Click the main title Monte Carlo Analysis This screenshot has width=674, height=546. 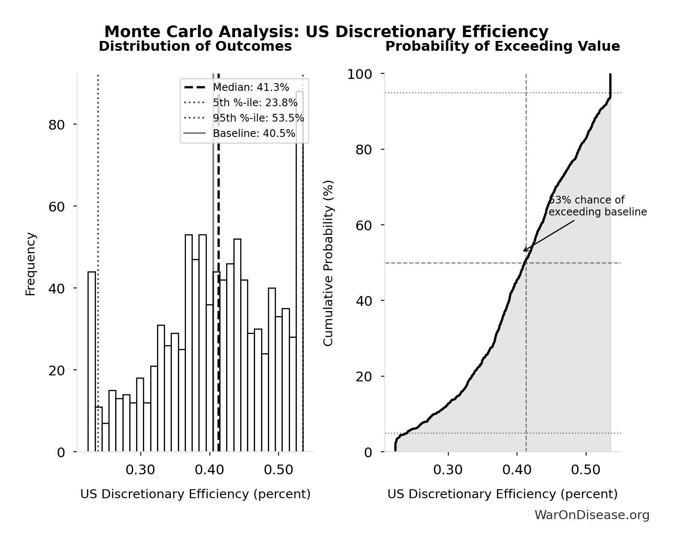[x=326, y=32]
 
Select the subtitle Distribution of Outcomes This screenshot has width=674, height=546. [x=195, y=46]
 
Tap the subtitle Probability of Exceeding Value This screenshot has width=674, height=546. [x=503, y=46]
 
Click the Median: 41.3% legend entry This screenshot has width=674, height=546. [x=251, y=87]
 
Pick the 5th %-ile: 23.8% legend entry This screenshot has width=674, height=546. [x=255, y=103]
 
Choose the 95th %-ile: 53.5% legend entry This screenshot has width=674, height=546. [x=258, y=118]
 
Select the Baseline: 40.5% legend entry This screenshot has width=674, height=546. [x=254, y=134]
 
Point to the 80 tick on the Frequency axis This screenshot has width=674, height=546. [x=56, y=125]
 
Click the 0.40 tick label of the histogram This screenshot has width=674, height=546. [x=209, y=470]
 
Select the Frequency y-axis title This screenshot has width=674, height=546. [x=31, y=264]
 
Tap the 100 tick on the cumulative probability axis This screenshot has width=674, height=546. [x=359, y=74]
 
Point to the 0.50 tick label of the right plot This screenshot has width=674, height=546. [x=586, y=470]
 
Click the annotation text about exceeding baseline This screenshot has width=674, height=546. [x=597, y=206]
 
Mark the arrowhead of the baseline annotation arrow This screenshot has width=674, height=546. [x=524, y=251]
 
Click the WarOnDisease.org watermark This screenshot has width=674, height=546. [x=592, y=515]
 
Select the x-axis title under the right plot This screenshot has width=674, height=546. [x=503, y=494]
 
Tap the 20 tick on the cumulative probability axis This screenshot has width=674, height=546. [x=364, y=376]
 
